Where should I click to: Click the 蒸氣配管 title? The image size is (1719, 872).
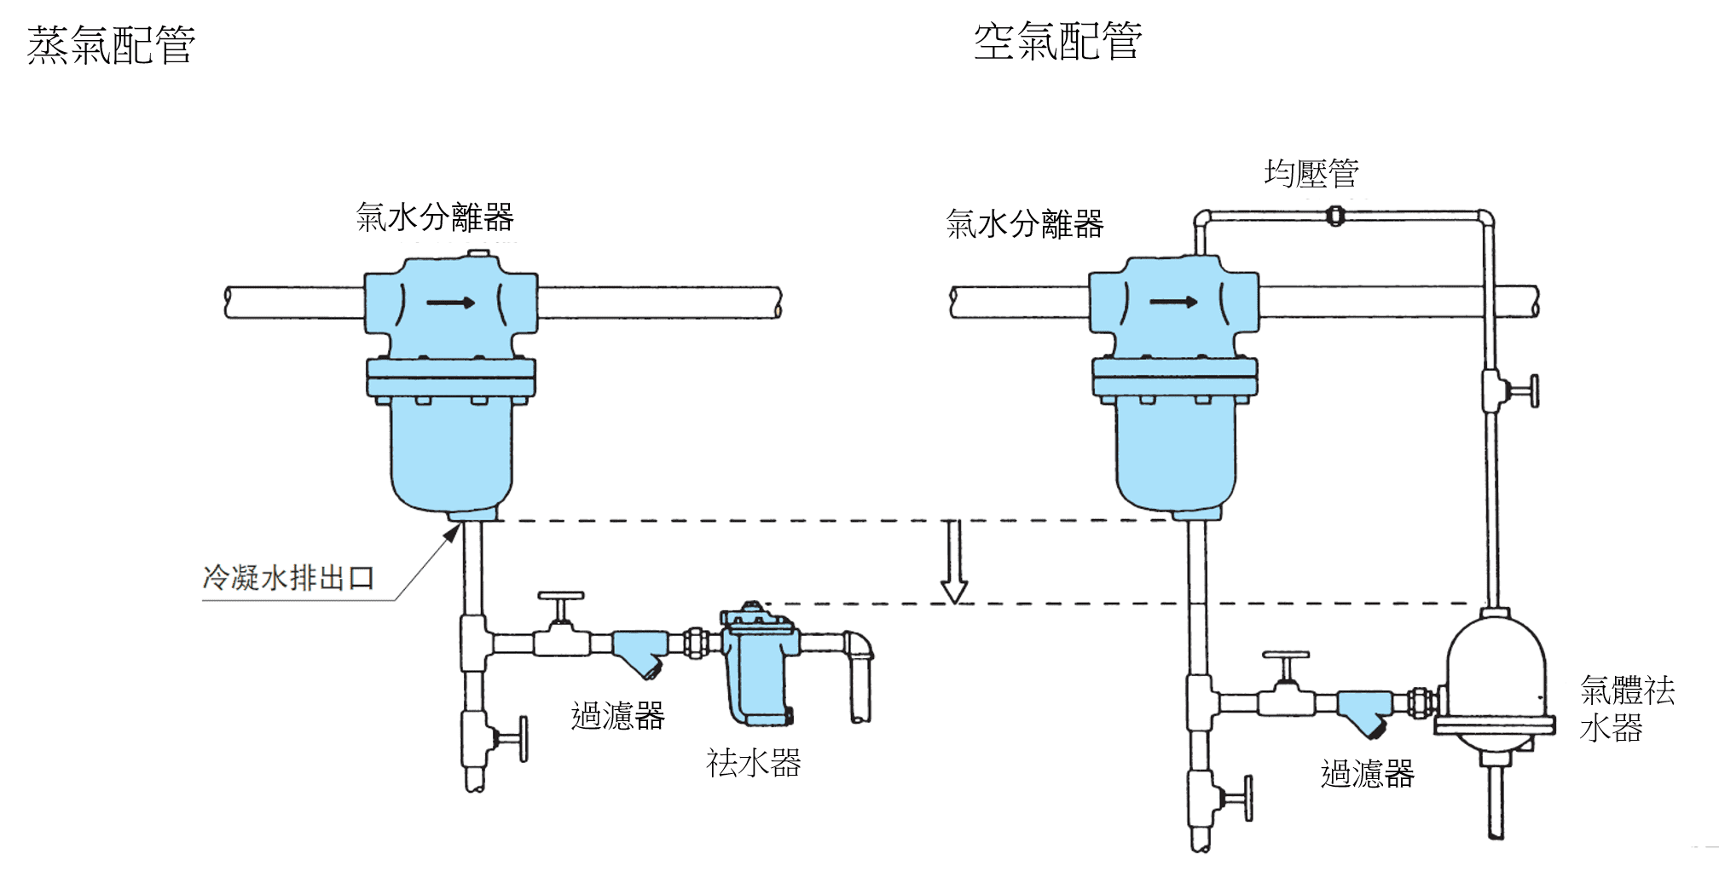(x=112, y=45)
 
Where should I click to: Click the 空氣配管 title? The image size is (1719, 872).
(x=1057, y=41)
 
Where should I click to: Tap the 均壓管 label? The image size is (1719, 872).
(x=1311, y=174)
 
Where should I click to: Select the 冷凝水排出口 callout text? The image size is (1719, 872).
(x=288, y=578)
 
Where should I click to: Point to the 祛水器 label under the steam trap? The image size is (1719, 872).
(x=753, y=763)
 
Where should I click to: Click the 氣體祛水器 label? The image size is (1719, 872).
(x=1626, y=708)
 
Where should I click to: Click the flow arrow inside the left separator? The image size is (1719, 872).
(x=451, y=302)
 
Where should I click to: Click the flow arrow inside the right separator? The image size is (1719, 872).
(x=1173, y=301)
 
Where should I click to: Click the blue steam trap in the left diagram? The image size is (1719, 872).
(x=758, y=665)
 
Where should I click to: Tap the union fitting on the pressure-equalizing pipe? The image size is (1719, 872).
(x=1335, y=217)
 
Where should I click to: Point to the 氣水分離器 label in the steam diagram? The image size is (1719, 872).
(x=435, y=218)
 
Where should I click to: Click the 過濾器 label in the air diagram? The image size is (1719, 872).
(x=1367, y=774)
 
